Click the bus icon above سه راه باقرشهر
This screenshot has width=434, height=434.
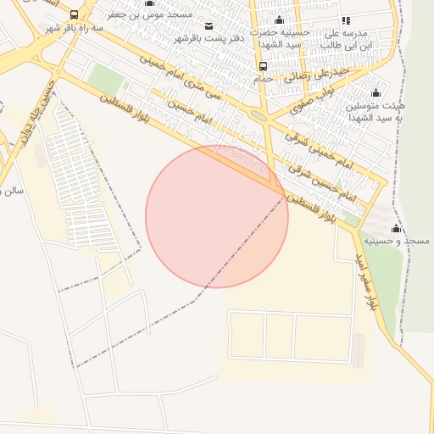click(74, 14)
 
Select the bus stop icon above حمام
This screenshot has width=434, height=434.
click(263, 66)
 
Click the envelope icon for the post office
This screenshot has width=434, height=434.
click(209, 26)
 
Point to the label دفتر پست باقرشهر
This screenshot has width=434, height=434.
click(209, 38)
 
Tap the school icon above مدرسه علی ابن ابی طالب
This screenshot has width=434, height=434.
click(345, 20)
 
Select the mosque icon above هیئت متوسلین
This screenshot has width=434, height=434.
click(376, 93)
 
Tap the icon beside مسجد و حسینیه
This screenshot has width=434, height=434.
click(396, 229)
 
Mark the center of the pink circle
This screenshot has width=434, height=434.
click(217, 216)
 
